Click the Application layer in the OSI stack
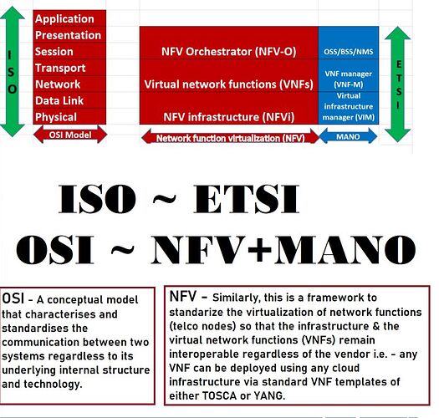tap(64, 19)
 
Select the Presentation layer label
tap(68, 35)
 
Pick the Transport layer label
tap(60, 68)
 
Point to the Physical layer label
tap(56, 117)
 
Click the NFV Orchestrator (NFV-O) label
tap(229, 52)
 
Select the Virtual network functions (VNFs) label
tap(229, 84)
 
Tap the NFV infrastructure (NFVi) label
tap(229, 117)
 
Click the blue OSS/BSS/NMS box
tap(349, 43)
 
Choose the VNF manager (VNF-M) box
tap(349, 75)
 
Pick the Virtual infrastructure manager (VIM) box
tap(349, 108)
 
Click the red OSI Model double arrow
tap(70, 135)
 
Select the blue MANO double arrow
tap(348, 136)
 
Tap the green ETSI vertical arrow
tap(398, 84)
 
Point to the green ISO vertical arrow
tap(13, 71)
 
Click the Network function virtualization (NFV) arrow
tap(231, 137)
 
